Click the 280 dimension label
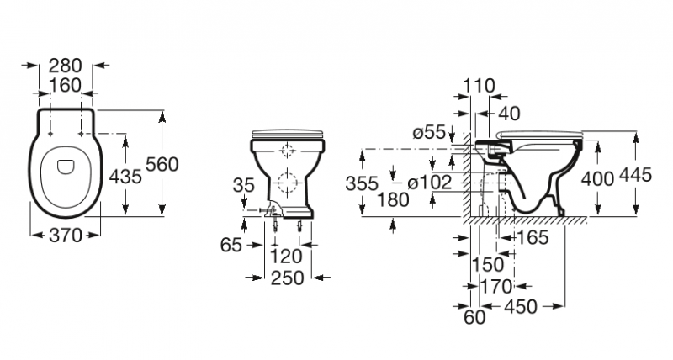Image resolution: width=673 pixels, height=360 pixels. point(65,66)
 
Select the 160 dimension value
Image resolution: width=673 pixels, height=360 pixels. point(65,86)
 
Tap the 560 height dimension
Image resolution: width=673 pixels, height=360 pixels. point(162,164)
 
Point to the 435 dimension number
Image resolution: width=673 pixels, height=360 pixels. point(125,177)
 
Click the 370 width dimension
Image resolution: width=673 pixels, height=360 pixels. point(66,236)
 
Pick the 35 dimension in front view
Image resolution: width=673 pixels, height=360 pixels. point(244,185)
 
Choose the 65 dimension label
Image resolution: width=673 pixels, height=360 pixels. point(231,245)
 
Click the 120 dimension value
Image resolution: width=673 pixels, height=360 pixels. point(286,257)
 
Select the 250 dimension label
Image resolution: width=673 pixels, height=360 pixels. point(287,278)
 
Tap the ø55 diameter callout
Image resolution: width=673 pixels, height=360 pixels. point(429,132)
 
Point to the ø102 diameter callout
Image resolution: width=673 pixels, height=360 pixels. point(430,183)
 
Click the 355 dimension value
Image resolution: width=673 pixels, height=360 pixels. point(362,183)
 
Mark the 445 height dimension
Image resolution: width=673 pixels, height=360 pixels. point(635,175)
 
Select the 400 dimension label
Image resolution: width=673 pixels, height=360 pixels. point(597,178)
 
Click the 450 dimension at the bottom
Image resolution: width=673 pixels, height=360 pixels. point(520,307)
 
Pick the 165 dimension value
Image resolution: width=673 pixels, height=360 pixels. point(533,237)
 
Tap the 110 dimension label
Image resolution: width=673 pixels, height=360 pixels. point(479,87)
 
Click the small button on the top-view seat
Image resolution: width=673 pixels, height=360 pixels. point(66,167)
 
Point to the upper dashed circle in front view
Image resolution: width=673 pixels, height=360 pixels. point(287,151)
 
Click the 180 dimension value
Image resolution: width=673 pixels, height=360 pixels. point(393,199)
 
